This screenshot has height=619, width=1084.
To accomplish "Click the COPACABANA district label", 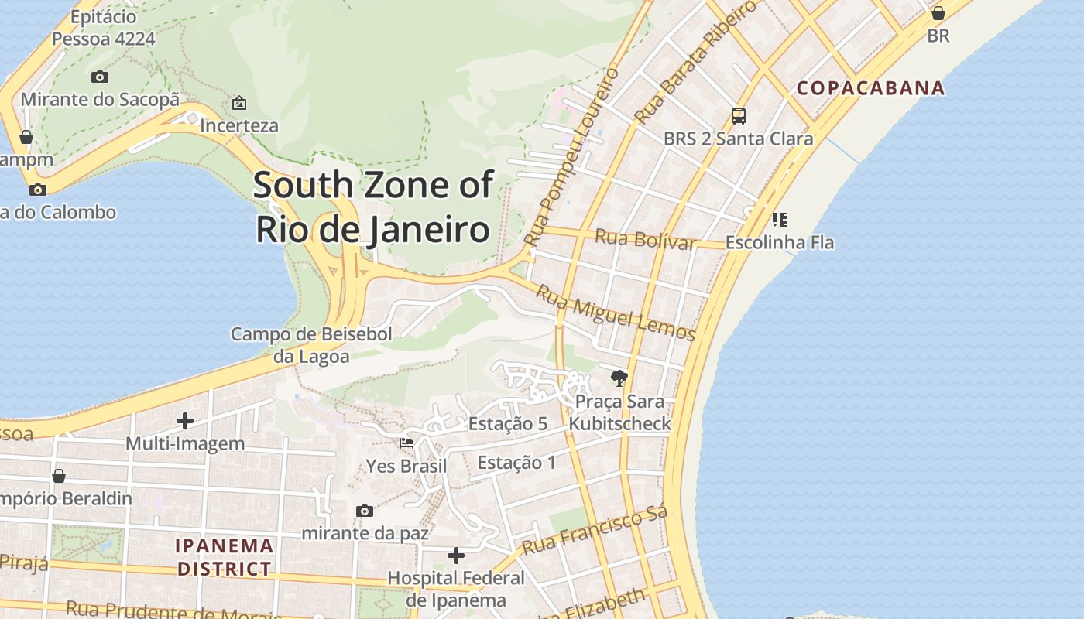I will click(x=871, y=88).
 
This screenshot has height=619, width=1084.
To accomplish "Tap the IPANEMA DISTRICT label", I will click(x=225, y=557).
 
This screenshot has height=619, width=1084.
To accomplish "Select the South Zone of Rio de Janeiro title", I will click(x=373, y=207).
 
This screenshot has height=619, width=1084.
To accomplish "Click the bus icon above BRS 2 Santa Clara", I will click(x=739, y=116).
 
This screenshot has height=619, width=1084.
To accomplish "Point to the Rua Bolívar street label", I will click(x=645, y=239).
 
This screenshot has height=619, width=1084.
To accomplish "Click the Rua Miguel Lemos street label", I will click(x=616, y=313).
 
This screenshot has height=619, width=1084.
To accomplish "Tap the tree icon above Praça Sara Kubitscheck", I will click(x=619, y=378).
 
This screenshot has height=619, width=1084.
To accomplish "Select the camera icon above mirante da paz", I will click(x=365, y=511).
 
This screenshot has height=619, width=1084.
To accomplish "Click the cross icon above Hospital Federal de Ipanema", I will click(x=456, y=556).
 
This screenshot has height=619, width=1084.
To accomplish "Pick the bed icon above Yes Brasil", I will click(x=406, y=443).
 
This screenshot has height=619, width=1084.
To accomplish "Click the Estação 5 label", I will click(x=508, y=423).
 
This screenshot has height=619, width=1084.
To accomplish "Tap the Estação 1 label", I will click(x=516, y=463).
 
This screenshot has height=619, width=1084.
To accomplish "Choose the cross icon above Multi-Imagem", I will click(x=185, y=421).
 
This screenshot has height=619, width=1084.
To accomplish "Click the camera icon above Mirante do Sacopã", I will click(x=100, y=77).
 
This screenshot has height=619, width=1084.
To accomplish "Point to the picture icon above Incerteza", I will click(x=239, y=103).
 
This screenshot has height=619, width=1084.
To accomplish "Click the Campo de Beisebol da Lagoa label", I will click(x=311, y=345).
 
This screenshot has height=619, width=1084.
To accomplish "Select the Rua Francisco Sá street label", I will click(x=594, y=532).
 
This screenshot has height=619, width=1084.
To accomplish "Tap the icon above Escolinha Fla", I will click(x=780, y=220).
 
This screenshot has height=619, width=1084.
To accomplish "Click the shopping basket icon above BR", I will click(x=938, y=13).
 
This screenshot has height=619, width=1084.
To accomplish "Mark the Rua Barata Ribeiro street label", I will click(x=695, y=62).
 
